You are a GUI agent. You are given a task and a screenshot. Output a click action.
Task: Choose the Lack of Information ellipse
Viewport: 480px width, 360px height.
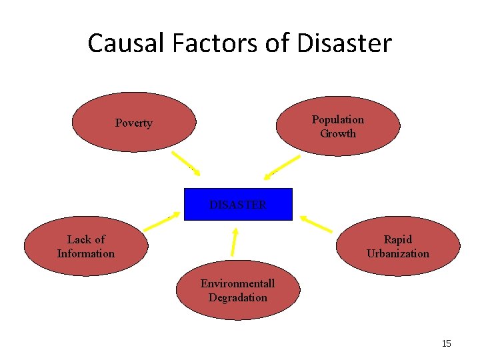coord(86,246)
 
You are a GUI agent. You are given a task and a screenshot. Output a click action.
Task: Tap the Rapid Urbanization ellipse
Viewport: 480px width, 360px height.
coord(398,246)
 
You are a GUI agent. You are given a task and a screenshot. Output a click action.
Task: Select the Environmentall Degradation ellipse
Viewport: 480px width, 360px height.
coord(238,291)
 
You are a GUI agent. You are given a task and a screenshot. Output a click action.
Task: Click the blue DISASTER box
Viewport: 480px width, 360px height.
coord(238,205)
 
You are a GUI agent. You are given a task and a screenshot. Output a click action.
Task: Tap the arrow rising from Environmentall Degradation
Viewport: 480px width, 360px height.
coord(234,241)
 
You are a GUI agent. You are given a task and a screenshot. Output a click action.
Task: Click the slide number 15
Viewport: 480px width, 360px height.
coord(446,343)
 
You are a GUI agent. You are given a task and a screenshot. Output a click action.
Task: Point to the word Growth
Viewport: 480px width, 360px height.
coord(338,133)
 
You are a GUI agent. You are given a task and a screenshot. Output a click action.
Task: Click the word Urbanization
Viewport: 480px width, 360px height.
coord(398,253)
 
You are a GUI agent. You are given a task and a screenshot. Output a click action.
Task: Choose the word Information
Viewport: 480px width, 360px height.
coord(86,253)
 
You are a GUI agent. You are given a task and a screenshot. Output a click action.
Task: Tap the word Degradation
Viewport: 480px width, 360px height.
coord(238,298)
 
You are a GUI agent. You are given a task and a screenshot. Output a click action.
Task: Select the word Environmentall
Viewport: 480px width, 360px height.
coord(238,283)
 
